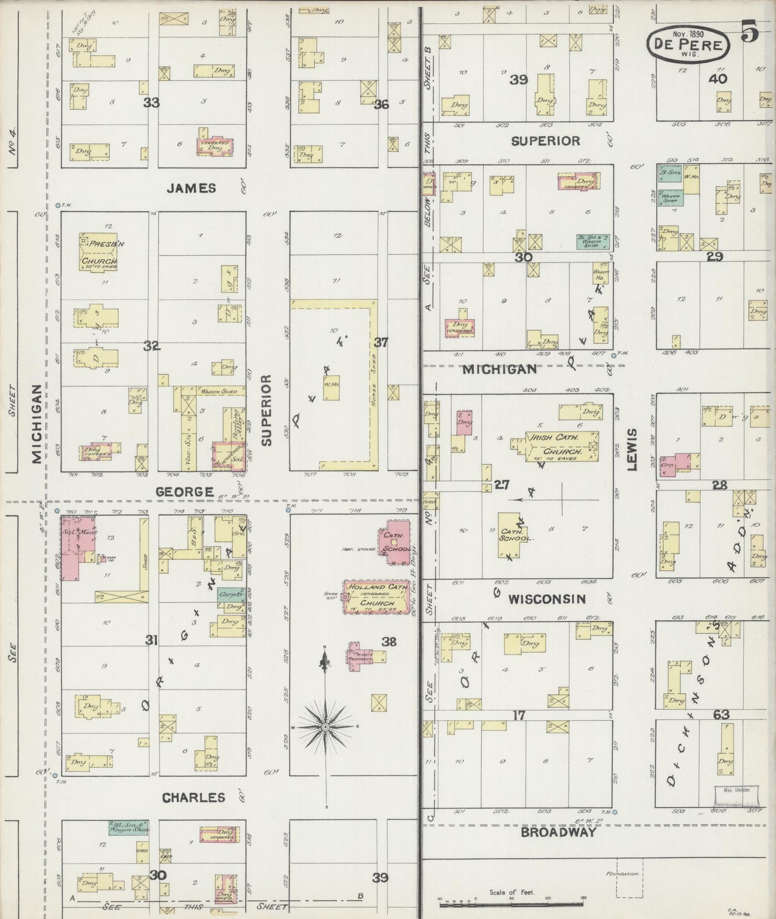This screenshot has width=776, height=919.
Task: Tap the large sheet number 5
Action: pos(750,33)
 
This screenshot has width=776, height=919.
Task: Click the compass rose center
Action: pos(325,727)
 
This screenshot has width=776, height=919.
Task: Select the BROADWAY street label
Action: pos(558,832)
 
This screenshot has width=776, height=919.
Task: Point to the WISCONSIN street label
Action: pos(547,599)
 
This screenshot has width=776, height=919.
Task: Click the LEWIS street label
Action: pos(632,449)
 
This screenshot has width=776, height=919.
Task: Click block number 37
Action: pos(381,342)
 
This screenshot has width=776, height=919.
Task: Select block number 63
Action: pos(721,714)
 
